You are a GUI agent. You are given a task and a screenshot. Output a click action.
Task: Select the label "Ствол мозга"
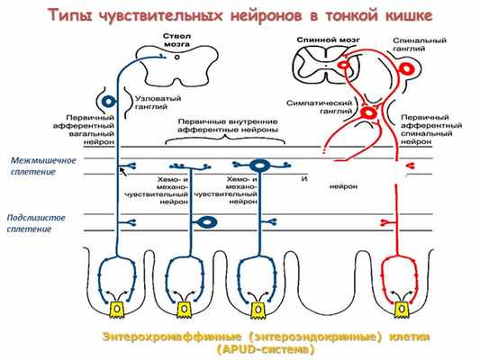point(177,40)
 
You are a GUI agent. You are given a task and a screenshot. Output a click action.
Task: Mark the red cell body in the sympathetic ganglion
point(367,114)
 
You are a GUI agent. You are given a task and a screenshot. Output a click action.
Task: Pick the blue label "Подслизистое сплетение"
point(32,223)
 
